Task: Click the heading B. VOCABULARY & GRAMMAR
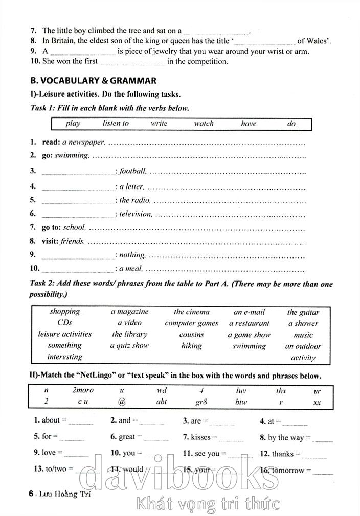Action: coord(93,80)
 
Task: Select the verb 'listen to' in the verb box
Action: coord(116,123)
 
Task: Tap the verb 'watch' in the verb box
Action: coord(204,123)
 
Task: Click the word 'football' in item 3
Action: coord(133,171)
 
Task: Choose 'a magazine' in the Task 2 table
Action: coord(129,311)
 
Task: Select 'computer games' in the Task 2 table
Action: coord(191,323)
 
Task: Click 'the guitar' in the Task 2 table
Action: coord(303,312)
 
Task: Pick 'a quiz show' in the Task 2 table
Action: coord(129,345)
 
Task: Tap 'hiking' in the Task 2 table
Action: coord(191,345)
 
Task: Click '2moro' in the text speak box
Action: coord(83,391)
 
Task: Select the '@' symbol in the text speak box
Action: coord(122,402)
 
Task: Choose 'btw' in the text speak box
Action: coord(241,402)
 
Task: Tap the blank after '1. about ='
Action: coord(81,423)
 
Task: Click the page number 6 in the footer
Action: coord(32,494)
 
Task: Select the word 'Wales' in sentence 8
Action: coord(317,40)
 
